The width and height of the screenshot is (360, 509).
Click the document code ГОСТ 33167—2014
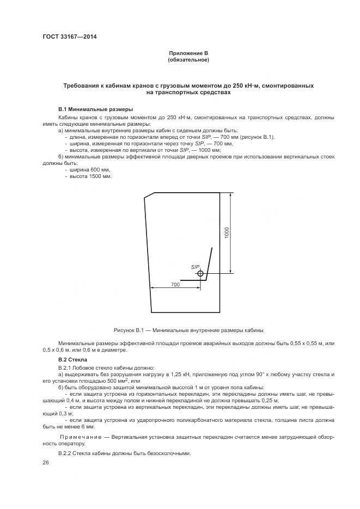click(x=65, y=37)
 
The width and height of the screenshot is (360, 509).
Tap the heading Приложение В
click(x=188, y=53)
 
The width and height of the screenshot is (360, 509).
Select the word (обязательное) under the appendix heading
click(x=188, y=59)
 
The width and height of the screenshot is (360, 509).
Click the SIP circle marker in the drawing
click(x=200, y=274)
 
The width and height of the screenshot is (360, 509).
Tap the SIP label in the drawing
click(x=195, y=267)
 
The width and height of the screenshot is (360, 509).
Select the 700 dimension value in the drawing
click(x=175, y=284)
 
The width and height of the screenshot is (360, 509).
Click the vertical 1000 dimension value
click(x=227, y=232)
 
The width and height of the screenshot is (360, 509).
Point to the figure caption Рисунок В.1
click(x=188, y=330)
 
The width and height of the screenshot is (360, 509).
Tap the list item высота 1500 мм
click(x=87, y=176)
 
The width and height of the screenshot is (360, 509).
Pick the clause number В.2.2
click(x=66, y=453)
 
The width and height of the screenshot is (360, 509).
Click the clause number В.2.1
click(x=66, y=369)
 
